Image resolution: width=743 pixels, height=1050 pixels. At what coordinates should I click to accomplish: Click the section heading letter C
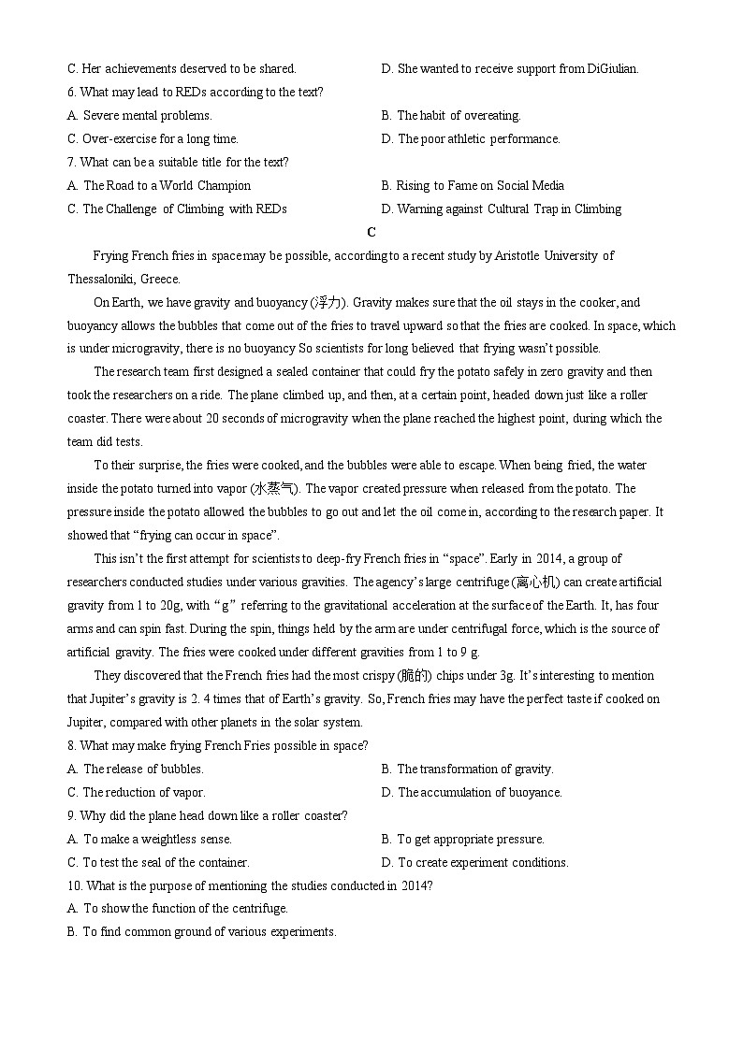pos(371,232)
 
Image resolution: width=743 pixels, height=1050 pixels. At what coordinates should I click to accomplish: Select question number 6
pos(72,92)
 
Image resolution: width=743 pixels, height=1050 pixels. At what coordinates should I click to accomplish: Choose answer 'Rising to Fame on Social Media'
pos(479,185)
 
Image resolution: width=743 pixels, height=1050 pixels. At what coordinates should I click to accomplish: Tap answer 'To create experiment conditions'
pos(482,862)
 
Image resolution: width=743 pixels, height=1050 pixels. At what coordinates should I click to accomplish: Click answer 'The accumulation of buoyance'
pos(479,792)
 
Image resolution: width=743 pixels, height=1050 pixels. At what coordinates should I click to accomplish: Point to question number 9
pos(72,815)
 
